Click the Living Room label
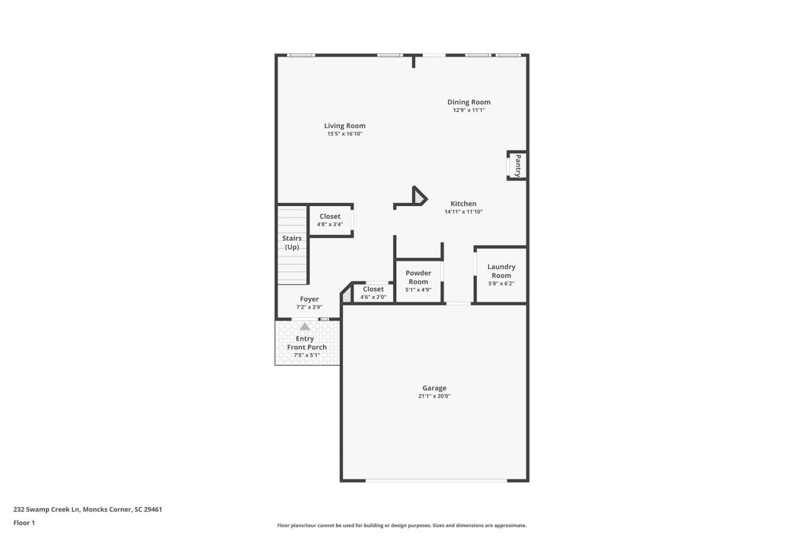coord(344,126)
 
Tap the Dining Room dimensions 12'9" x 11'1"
coord(469,110)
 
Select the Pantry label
coord(518,166)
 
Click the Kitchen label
coord(463,204)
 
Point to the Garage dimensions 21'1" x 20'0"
coord(434,396)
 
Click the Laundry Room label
coord(501,271)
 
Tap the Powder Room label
coord(418,277)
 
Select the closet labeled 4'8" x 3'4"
coord(330,220)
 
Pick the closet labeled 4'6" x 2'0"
coord(373,293)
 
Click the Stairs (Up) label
coord(291,243)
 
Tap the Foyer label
coord(309,299)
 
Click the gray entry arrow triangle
coord(305,326)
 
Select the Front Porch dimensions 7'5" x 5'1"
coord(307,355)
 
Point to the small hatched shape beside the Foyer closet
coord(345,296)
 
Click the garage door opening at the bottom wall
coord(436,481)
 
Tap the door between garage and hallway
coord(459,304)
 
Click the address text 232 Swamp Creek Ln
coord(87,510)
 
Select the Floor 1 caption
coord(24,523)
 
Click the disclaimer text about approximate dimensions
coord(401,525)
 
